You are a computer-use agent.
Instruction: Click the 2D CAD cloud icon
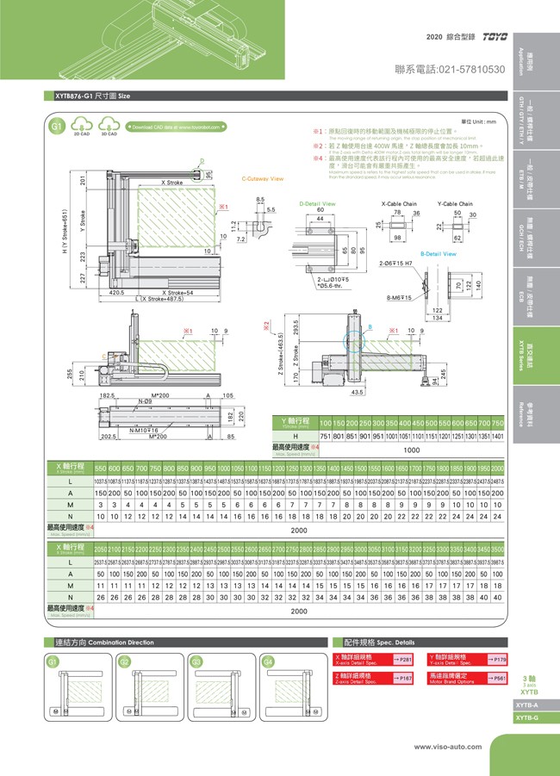tap(81, 127)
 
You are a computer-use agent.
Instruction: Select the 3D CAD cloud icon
tap(109, 127)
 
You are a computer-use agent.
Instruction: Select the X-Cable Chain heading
tap(399, 203)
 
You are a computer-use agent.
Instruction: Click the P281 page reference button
tap(402, 659)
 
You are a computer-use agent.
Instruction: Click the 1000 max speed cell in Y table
tap(412, 449)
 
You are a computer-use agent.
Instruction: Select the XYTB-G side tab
tap(526, 717)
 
